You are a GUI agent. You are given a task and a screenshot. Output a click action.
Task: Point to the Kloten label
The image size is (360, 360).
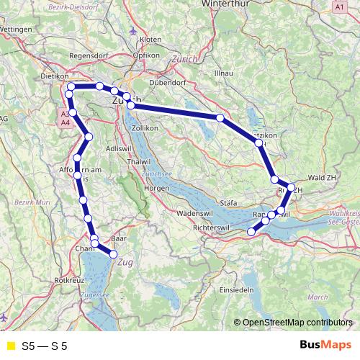click(x=150, y=39)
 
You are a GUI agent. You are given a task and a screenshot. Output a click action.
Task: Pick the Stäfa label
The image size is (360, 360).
click(x=227, y=204)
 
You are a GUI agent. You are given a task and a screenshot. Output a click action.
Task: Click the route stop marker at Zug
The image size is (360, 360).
click(x=113, y=253)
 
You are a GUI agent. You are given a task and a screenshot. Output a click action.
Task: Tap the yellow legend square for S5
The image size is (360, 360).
click(x=10, y=346)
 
